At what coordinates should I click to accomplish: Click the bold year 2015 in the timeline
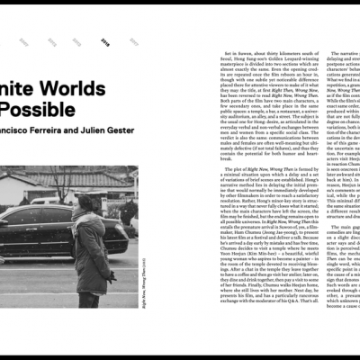(x=105, y=41)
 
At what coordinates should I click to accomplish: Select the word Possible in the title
(x=37, y=109)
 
